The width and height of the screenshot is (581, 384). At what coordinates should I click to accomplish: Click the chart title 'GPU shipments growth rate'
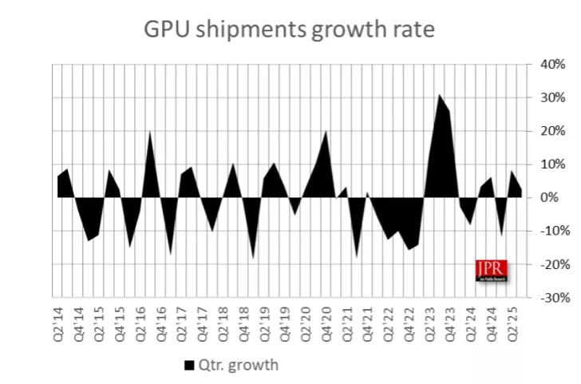(289, 30)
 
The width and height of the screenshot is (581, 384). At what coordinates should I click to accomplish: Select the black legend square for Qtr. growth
(189, 365)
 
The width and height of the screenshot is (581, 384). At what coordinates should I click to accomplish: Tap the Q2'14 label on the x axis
(58, 321)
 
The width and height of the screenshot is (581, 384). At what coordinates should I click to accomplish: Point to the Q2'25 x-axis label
(512, 321)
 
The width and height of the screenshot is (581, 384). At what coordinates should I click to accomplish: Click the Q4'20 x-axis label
(326, 321)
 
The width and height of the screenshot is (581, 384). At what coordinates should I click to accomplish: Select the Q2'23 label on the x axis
(429, 321)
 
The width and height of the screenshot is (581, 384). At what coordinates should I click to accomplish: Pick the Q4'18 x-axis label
(243, 321)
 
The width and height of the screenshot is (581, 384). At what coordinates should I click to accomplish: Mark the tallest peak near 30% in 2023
(439, 95)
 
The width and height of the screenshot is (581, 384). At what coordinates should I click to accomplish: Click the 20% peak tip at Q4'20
(326, 131)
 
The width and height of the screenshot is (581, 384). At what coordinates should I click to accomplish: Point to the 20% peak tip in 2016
(150, 132)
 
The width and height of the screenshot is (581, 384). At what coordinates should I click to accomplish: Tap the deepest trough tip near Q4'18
(254, 259)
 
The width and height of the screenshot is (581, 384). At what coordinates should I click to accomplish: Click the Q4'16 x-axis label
(161, 321)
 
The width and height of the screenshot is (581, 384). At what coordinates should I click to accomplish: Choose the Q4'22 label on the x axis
(408, 321)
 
